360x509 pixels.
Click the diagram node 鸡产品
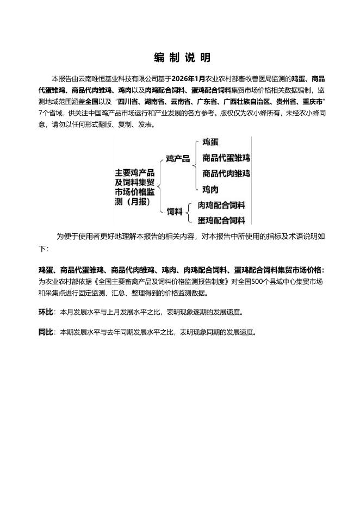(178, 159)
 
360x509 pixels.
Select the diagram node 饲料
(174, 211)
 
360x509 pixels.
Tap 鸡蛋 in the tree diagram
(210, 142)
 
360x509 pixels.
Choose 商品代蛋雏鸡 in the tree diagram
(226, 158)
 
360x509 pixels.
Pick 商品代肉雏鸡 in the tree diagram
(226, 173)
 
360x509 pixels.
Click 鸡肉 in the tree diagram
(210, 189)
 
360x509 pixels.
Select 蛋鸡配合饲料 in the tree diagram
(221, 220)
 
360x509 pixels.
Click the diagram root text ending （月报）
(134, 202)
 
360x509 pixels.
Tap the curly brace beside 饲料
(189, 213)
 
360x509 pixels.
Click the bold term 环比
(46, 313)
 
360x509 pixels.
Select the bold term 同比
(46, 331)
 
